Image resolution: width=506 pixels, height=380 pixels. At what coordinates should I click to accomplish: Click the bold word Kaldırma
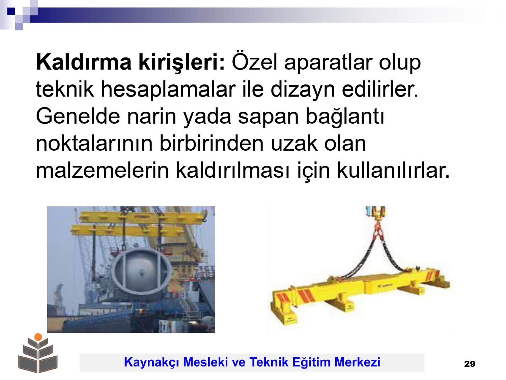(x=84, y=62)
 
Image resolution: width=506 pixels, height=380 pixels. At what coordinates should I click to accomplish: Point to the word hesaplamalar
(x=168, y=90)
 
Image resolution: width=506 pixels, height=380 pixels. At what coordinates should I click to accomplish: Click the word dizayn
(x=303, y=90)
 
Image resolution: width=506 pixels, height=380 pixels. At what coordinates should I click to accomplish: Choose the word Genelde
(x=78, y=116)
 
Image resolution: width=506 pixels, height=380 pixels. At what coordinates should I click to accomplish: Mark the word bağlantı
(x=345, y=117)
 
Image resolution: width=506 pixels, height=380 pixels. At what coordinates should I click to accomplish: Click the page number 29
(x=470, y=364)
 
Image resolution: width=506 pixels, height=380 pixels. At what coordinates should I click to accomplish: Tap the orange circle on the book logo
(x=38, y=337)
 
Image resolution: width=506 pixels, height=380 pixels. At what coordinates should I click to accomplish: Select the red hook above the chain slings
(x=377, y=228)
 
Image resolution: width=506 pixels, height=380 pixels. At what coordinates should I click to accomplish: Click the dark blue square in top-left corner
(x=11, y=11)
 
